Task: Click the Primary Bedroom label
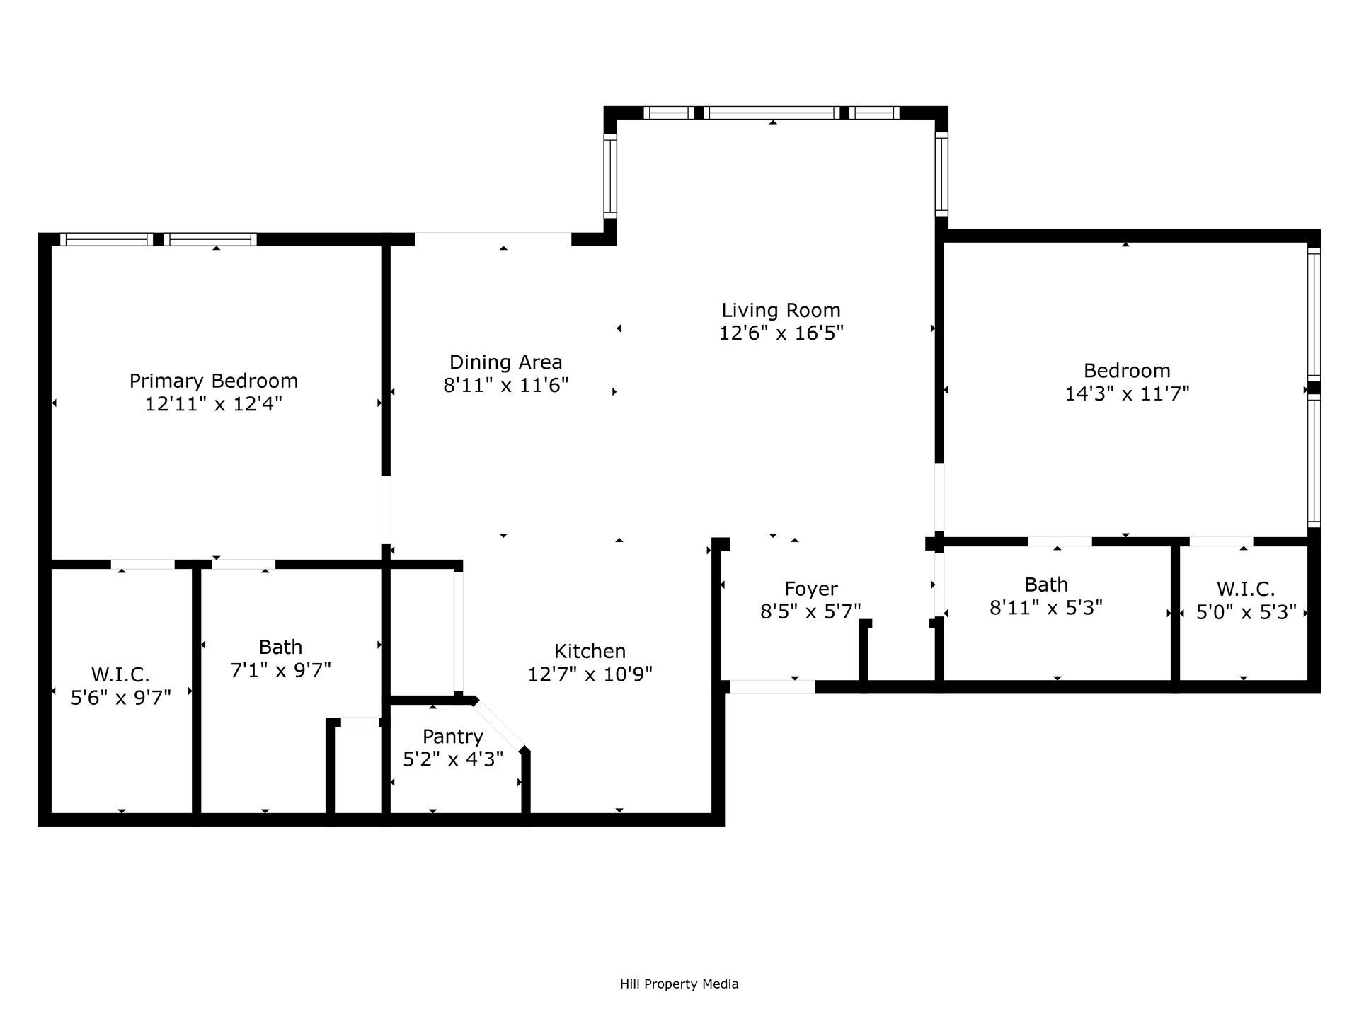[x=213, y=381]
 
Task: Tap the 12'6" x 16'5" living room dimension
[x=781, y=333]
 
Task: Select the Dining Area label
[x=505, y=362]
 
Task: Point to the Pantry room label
[x=452, y=737]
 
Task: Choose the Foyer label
[x=810, y=589]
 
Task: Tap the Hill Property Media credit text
[x=679, y=984]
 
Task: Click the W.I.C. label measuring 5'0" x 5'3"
[x=1246, y=589]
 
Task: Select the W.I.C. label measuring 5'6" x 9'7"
[x=120, y=674]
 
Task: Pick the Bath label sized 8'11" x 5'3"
[x=1045, y=585]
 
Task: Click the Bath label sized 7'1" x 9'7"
[x=280, y=647]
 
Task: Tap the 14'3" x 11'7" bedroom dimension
[x=1127, y=393]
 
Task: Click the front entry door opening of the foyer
[x=772, y=686]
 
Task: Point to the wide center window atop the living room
[x=772, y=113]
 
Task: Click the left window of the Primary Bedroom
[x=106, y=239]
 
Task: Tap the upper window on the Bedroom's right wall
[x=1314, y=315]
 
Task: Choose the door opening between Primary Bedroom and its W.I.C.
[x=143, y=564]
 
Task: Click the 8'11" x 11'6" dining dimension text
[x=505, y=386]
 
